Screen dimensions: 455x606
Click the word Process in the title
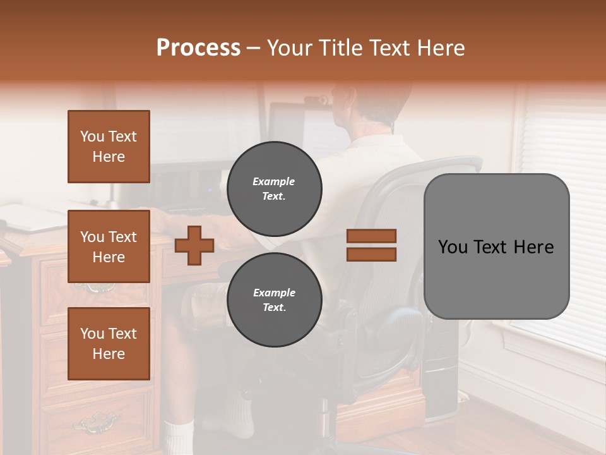(198, 48)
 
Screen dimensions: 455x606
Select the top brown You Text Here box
(109, 147)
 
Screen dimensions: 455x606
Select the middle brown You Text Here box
(109, 246)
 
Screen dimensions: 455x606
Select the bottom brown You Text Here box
(109, 343)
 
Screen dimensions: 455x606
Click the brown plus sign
(194, 245)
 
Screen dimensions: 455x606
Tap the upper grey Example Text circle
(275, 188)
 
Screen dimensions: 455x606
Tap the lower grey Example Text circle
(275, 300)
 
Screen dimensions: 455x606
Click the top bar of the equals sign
(371, 236)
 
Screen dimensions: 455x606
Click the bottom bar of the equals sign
(371, 254)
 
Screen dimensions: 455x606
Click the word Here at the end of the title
(442, 48)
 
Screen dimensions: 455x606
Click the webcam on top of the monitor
(315, 100)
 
